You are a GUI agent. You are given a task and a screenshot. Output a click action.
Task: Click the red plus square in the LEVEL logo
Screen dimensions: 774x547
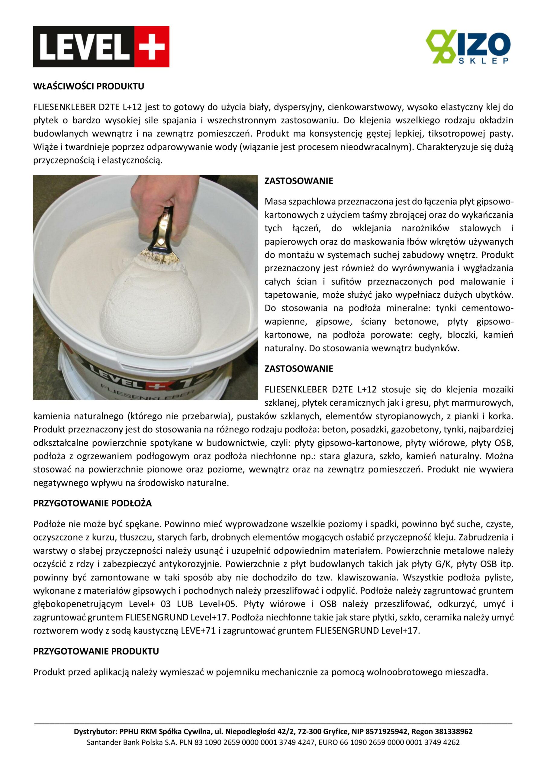152,47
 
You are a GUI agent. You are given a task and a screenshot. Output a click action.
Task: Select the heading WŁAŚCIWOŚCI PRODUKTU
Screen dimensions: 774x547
88,86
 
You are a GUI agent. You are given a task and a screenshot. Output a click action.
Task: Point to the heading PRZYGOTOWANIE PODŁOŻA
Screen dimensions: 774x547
92,503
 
